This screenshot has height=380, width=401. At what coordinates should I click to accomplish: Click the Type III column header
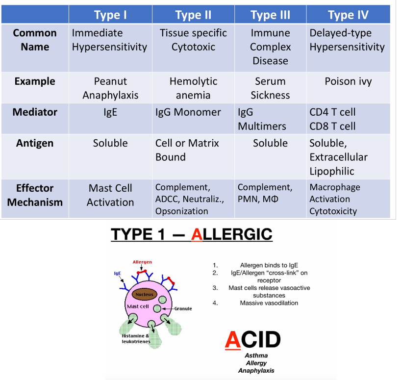pyautogui.click(x=270, y=15)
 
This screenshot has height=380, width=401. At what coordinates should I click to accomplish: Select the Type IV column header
pyautogui.click(x=348, y=15)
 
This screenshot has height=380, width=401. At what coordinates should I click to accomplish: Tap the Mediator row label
pyautogui.click(x=35, y=112)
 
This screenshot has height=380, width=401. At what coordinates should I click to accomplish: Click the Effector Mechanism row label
pyautogui.click(x=35, y=195)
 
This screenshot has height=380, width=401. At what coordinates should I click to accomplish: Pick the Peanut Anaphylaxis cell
pyautogui.click(x=110, y=88)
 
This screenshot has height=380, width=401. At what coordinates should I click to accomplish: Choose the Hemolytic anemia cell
pyautogui.click(x=193, y=88)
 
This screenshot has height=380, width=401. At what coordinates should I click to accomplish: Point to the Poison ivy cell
pyautogui.click(x=348, y=81)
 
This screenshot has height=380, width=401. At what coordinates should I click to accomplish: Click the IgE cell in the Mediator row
pyautogui.click(x=110, y=112)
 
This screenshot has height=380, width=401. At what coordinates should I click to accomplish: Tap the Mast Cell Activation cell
pyautogui.click(x=110, y=195)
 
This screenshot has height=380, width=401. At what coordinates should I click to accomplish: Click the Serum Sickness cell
pyautogui.click(x=270, y=88)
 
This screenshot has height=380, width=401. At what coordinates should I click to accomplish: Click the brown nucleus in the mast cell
pyautogui.click(x=145, y=295)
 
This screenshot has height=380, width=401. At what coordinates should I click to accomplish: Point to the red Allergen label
pyautogui.click(x=142, y=262)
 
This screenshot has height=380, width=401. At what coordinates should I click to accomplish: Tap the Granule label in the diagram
pyautogui.click(x=183, y=308)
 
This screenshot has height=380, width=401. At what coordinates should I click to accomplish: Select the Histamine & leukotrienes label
pyautogui.click(x=135, y=338)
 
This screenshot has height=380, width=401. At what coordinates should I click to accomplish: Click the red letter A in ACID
pyautogui.click(x=233, y=339)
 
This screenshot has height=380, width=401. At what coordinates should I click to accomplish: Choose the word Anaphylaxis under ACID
pyautogui.click(x=256, y=371)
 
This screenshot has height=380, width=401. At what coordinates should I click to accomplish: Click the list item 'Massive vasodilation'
pyautogui.click(x=269, y=303)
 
